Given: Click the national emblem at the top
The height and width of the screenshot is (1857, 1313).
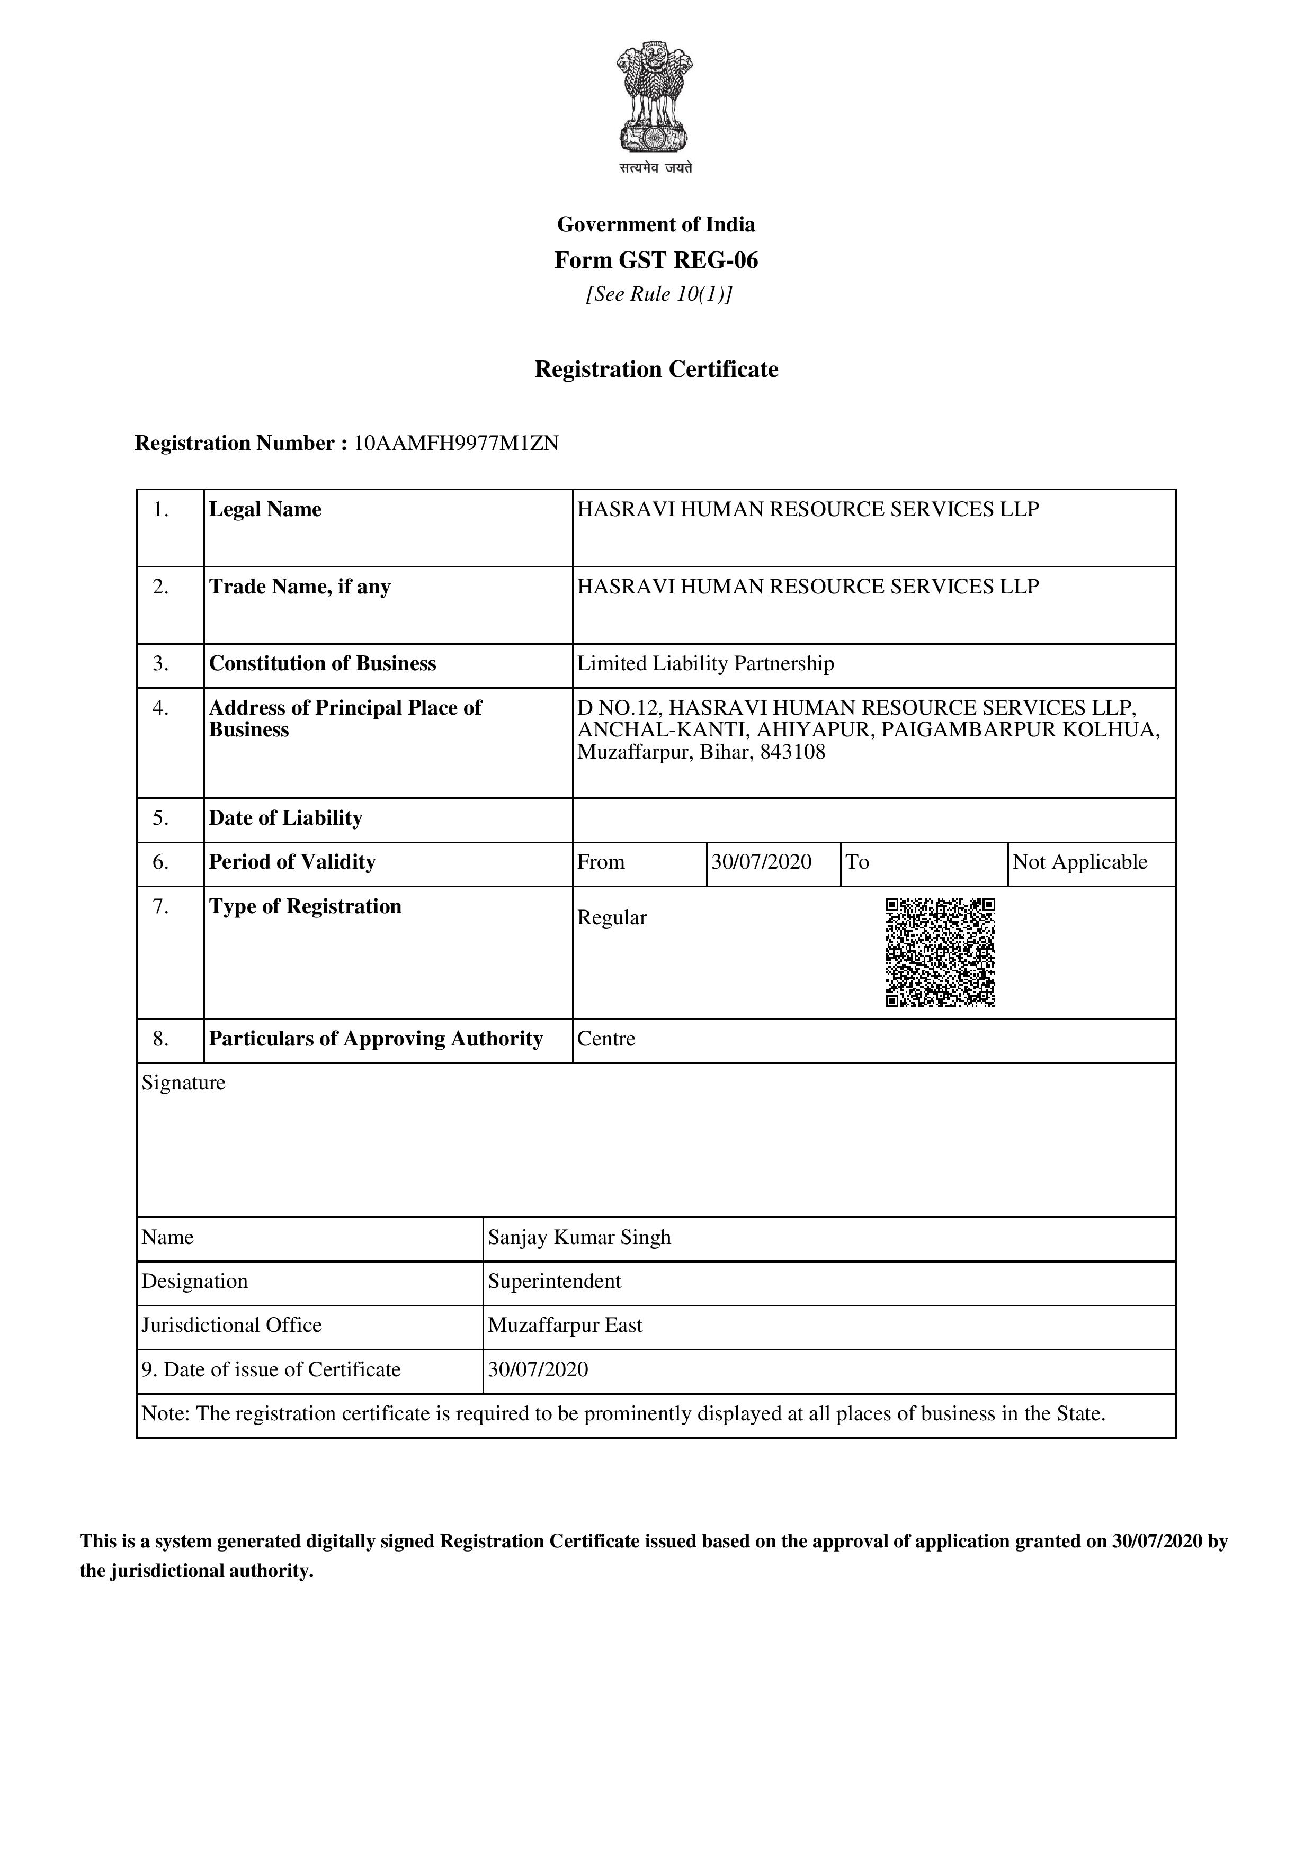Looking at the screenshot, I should click(656, 101).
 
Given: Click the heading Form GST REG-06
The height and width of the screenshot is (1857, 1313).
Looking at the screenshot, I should click(656, 260).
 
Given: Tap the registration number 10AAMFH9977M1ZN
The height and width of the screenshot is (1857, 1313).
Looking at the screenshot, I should click(456, 443).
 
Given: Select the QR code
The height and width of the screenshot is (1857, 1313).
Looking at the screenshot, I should click(940, 953).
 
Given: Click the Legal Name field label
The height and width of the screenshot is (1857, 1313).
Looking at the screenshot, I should click(265, 510).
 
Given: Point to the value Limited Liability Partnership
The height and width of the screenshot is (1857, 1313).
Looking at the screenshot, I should click(705, 664).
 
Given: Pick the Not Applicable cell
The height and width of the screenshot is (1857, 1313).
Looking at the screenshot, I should click(1080, 862).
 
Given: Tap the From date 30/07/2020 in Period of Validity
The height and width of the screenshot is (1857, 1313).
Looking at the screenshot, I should click(761, 862).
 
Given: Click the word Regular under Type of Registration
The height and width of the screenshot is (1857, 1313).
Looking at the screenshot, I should click(612, 918).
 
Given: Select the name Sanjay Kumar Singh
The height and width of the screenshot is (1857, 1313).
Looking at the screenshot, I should click(579, 1238).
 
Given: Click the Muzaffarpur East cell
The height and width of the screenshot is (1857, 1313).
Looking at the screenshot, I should click(565, 1326).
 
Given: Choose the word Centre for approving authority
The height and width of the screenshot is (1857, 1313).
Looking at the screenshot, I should click(606, 1039).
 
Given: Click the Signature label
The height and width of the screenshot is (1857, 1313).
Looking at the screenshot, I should click(184, 1083).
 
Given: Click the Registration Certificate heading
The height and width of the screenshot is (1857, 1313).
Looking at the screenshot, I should click(656, 369).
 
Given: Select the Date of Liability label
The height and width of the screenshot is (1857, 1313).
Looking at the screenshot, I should click(285, 818).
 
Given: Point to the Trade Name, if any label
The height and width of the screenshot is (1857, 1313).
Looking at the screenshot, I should click(299, 587).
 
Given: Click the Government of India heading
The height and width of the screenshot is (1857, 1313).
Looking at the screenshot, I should click(656, 225).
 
